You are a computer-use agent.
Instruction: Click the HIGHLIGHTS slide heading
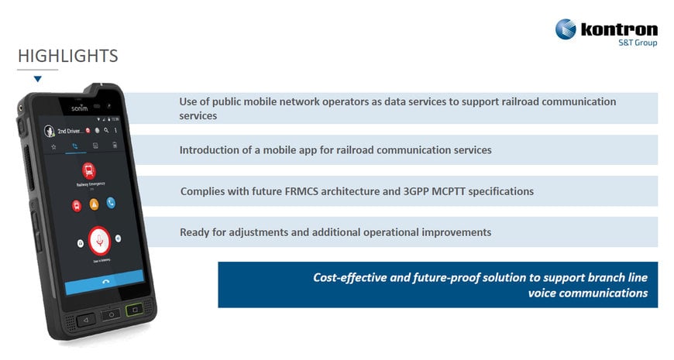pos(67,56)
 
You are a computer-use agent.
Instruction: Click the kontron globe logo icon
pos(566,29)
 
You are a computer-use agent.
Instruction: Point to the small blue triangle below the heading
pos(37,79)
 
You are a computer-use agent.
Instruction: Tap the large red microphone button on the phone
pos(99,241)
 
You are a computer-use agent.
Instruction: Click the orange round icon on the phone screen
pos(94,204)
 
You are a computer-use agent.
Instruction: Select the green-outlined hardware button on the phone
pos(135,310)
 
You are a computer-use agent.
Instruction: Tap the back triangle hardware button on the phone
pos(85,318)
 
